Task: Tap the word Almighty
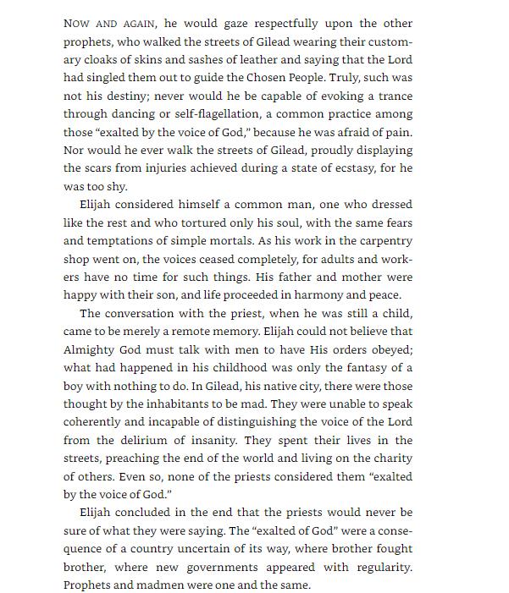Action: click(90, 349)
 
